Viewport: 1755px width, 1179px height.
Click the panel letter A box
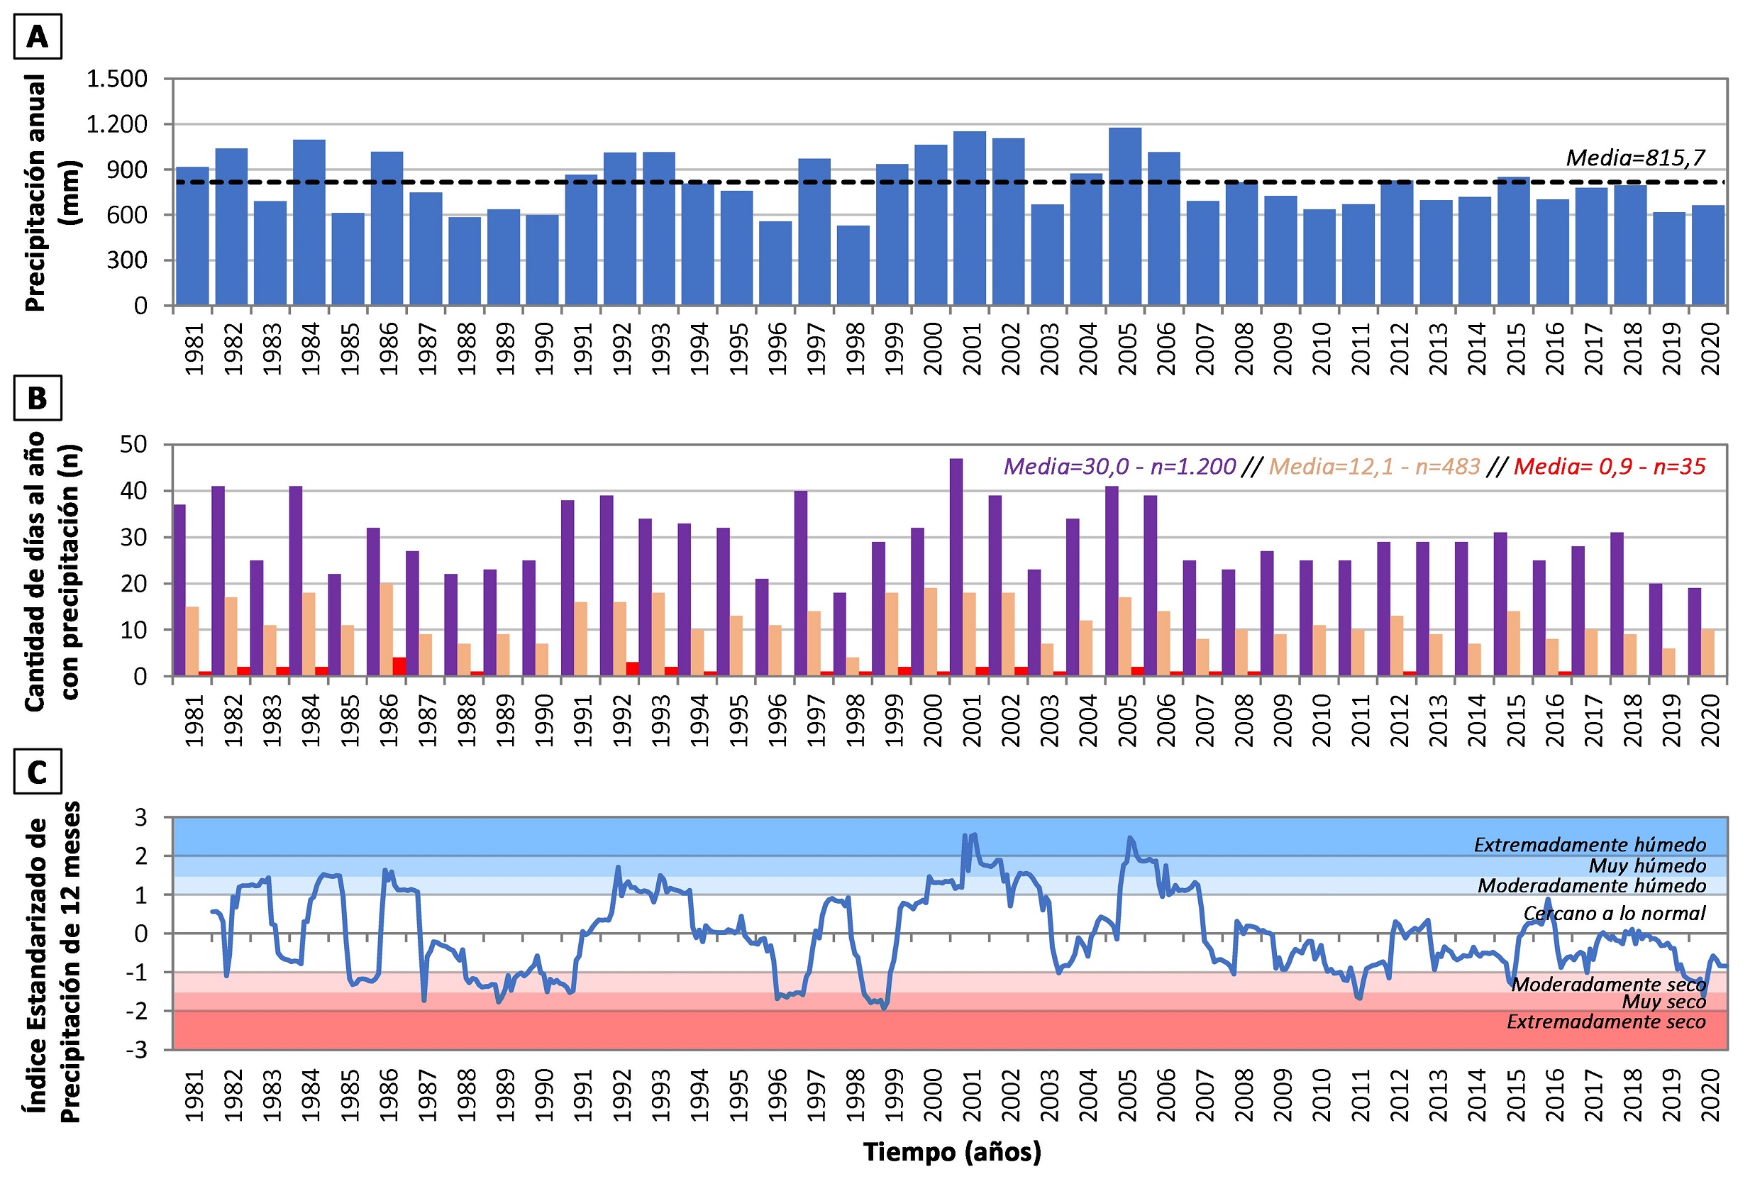pyautogui.click(x=37, y=36)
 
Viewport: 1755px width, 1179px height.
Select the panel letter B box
pyautogui.click(x=37, y=398)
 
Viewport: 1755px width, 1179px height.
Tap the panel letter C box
pyautogui.click(x=37, y=772)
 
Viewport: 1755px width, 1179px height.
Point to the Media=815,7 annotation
pyautogui.click(x=1634, y=158)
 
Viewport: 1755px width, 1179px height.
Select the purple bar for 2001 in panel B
pyautogui.click(x=956, y=567)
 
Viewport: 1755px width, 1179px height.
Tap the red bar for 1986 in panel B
pyautogui.click(x=399, y=667)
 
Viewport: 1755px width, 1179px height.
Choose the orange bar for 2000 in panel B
pyautogui.click(x=930, y=631)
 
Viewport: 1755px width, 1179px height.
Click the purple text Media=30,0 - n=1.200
pyautogui.click(x=1119, y=467)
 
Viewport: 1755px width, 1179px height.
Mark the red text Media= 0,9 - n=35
pyautogui.click(x=1609, y=467)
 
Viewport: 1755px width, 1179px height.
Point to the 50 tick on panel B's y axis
pyautogui.click(x=133, y=444)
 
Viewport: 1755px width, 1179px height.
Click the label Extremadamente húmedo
pyautogui.click(x=1590, y=845)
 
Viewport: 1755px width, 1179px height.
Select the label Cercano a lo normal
pyautogui.click(x=1614, y=914)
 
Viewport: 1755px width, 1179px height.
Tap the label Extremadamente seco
pyautogui.click(x=1605, y=1022)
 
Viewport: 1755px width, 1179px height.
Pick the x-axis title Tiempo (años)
pyautogui.click(x=951, y=1152)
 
